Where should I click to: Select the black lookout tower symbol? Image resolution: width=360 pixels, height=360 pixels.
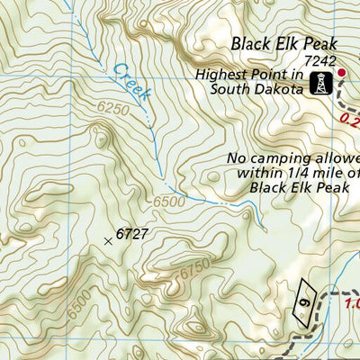click(318, 85)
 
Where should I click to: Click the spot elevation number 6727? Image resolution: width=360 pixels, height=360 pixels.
click(131, 235)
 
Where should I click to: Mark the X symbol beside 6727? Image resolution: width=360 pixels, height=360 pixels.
click(109, 240)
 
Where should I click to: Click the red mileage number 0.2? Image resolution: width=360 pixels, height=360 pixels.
click(351, 116)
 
